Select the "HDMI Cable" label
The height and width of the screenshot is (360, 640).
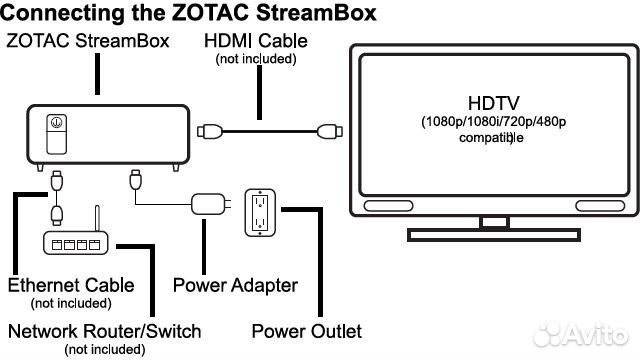point(256,41)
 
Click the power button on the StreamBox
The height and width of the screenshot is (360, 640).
point(57,123)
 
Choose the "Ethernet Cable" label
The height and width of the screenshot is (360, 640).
point(71,285)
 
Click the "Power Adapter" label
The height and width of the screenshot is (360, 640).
point(235,285)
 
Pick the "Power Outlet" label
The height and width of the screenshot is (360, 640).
point(306,331)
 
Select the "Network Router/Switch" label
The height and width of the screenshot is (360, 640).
point(105,331)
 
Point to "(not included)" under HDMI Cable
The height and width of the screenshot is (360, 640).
point(256,60)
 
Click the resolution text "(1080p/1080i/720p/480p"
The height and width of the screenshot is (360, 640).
point(494,123)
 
